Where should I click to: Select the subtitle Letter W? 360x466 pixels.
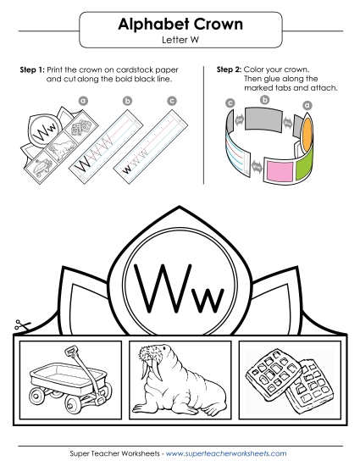click(x=180, y=40)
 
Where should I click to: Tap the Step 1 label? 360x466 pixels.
click(x=32, y=68)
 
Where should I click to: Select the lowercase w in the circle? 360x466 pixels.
click(x=204, y=297)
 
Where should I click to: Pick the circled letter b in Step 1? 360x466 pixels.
click(x=128, y=100)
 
